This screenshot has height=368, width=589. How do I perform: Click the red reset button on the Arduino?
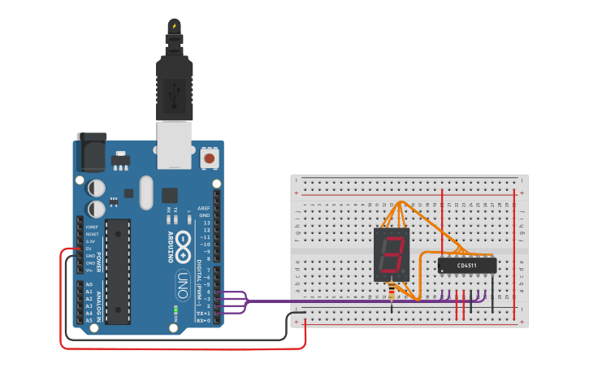pos(210,158)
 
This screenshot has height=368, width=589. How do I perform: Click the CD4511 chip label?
pos(467,265)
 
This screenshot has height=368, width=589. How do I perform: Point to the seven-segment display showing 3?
pos(392,255)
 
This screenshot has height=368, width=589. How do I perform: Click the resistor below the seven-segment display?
pos(393,290)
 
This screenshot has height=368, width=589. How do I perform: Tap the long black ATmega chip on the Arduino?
pos(118,271)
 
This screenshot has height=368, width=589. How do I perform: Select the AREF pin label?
pos(204,208)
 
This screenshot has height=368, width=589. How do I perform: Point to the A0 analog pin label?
pos(89,284)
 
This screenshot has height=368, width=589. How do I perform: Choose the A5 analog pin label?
pos(89,320)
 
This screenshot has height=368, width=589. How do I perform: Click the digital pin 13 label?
pos(206,222)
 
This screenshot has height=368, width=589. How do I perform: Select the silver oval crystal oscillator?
pos(145,193)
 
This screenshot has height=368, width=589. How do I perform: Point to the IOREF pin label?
pos(92,227)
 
